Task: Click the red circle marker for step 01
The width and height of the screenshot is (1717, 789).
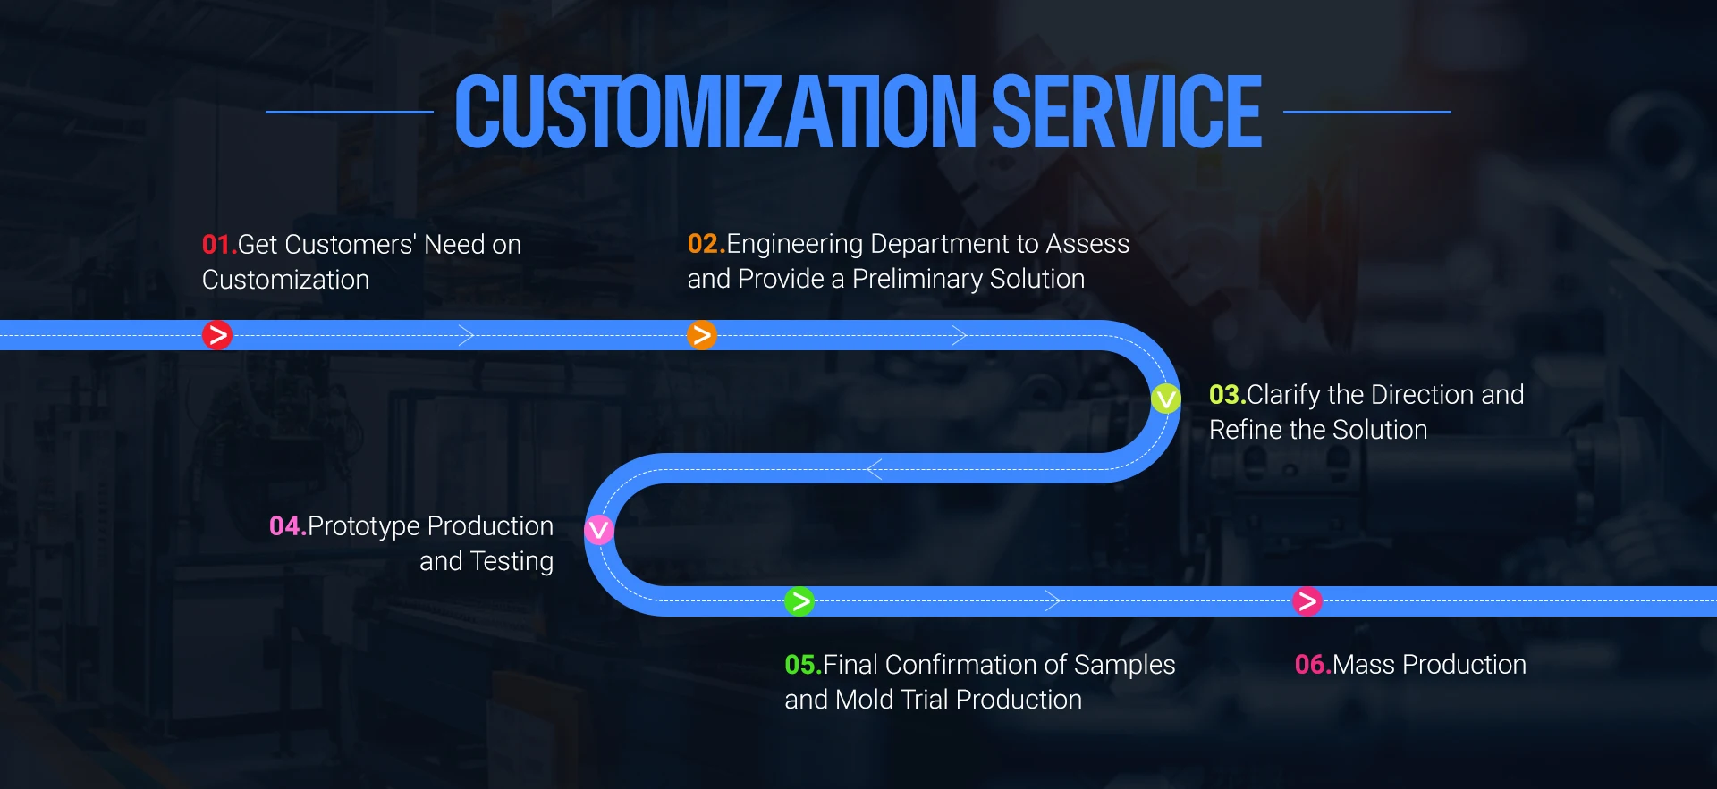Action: (x=216, y=335)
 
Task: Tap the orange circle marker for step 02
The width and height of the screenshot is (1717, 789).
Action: (x=702, y=335)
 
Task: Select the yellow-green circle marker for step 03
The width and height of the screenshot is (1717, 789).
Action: (x=1166, y=398)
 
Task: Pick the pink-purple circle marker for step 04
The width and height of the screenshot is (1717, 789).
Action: (x=599, y=530)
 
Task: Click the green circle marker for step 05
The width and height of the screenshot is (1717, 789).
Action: (x=799, y=601)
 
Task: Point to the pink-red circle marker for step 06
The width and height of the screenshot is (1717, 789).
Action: (x=1307, y=601)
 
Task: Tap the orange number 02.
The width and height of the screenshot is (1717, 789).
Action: (x=704, y=244)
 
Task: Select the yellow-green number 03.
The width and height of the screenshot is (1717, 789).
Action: (x=1225, y=395)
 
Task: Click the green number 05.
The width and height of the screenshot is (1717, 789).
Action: (x=800, y=665)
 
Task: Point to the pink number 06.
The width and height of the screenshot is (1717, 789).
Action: (x=1311, y=665)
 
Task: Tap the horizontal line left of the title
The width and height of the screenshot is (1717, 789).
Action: (x=349, y=112)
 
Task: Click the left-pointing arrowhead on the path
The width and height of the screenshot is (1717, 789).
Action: (x=874, y=468)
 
